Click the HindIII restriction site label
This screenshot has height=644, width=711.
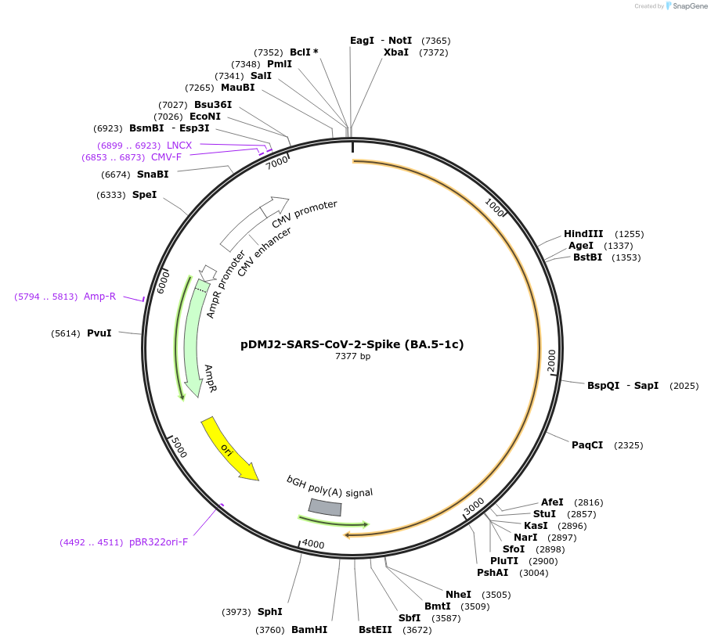pyautogui.click(x=583, y=234)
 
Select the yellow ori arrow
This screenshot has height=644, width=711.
pyautogui.click(x=229, y=449)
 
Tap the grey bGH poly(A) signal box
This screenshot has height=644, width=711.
pyautogui.click(x=325, y=507)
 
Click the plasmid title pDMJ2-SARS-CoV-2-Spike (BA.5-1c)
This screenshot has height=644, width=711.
pyautogui.click(x=352, y=344)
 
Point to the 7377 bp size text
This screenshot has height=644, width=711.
pyautogui.click(x=352, y=357)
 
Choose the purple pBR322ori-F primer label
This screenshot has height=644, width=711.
pyautogui.click(x=158, y=541)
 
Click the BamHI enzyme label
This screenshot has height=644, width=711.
pyautogui.click(x=309, y=629)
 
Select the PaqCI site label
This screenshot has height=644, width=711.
pyautogui.click(x=587, y=445)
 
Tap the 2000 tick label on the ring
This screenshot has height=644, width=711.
pyautogui.click(x=551, y=361)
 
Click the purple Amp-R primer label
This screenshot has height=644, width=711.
pyautogui.click(x=99, y=297)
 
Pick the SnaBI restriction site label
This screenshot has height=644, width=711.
pyautogui.click(x=153, y=174)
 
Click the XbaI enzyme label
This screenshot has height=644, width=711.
pyautogui.click(x=396, y=52)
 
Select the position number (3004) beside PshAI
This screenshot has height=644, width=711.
pyautogui.click(x=534, y=573)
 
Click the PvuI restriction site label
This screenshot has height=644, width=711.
pyautogui.click(x=99, y=333)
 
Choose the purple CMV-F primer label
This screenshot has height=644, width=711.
pyautogui.click(x=166, y=157)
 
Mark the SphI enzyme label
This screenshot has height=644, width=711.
pyautogui.click(x=269, y=611)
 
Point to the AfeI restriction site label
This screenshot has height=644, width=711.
pyautogui.click(x=552, y=502)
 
